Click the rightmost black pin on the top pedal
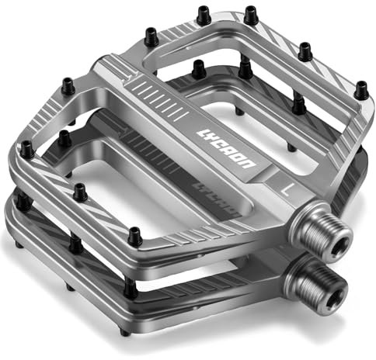(x=360, y=90)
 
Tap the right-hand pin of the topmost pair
(x=250, y=14)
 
